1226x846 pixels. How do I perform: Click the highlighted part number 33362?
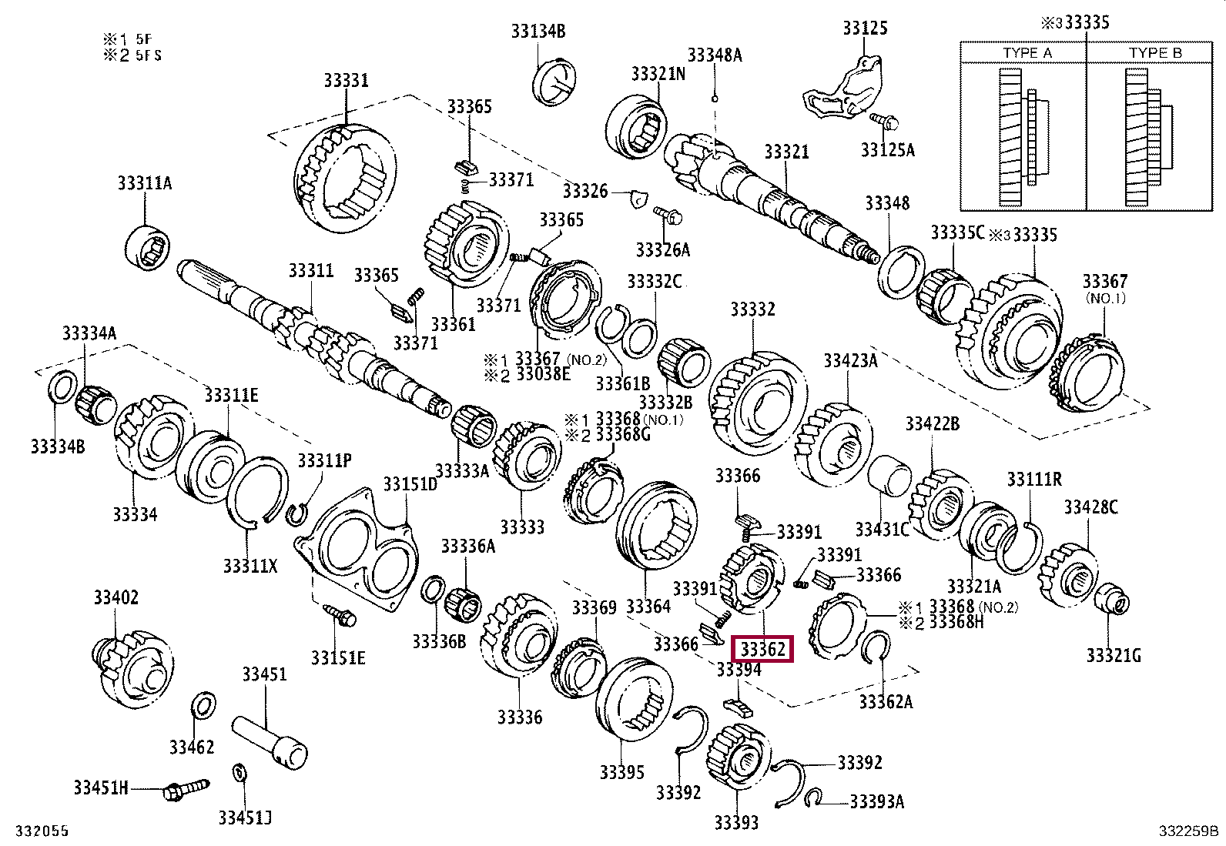[762, 649]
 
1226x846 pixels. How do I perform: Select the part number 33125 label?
[865, 28]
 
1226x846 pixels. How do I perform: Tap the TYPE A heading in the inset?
[1027, 53]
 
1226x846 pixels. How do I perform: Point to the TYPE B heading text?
[1154, 53]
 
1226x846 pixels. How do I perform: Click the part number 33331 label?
[346, 81]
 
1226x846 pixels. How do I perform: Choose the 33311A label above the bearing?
[145, 183]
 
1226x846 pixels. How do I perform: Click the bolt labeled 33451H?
[185, 789]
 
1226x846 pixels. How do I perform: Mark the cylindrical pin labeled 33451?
[270, 740]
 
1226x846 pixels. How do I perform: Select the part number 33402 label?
[116, 597]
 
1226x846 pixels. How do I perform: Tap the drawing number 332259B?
[1188, 831]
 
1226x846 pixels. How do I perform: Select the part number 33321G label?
[1114, 655]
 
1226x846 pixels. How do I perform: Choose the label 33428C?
[1090, 507]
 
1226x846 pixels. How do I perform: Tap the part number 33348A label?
[715, 55]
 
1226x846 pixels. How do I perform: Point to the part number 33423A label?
[850, 361]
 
